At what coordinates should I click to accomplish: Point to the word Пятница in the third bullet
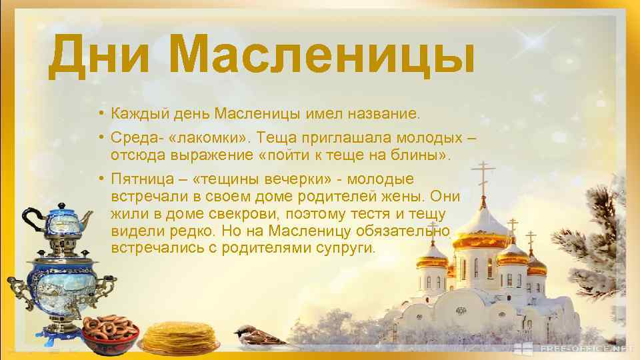click(138, 179)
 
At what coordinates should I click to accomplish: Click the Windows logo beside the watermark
click(530, 348)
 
